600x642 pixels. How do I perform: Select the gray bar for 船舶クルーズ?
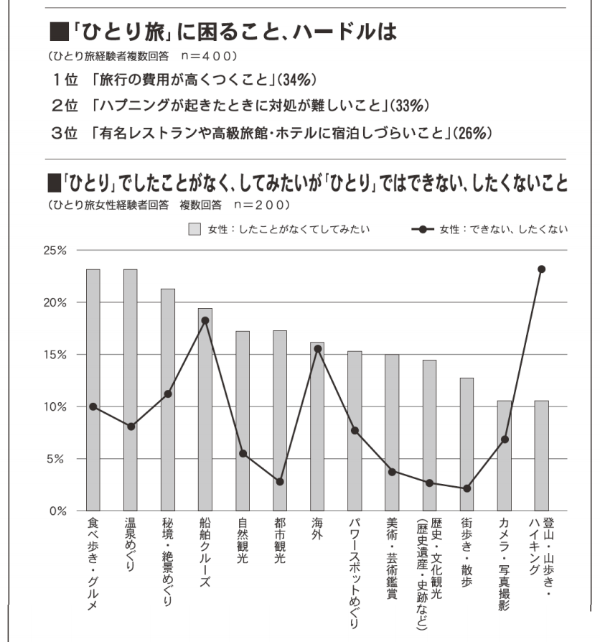205,409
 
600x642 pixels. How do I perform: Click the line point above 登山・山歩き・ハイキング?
542,269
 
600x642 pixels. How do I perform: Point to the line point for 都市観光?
280,481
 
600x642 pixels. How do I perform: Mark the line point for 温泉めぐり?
131,427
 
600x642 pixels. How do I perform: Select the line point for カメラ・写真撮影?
505,439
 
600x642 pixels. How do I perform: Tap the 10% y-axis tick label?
54,406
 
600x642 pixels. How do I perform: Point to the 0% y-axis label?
57,511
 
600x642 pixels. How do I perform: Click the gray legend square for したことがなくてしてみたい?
194,229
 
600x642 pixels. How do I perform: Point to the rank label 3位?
65,133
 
